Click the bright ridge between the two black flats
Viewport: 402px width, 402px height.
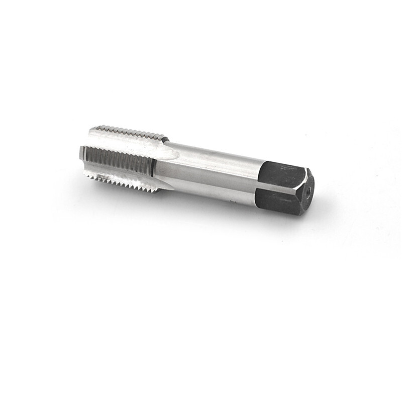281,186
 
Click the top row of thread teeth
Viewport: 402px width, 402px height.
131,132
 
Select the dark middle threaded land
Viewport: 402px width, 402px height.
118,160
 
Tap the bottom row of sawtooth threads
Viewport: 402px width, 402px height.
126,181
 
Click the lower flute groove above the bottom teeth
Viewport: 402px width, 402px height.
126,173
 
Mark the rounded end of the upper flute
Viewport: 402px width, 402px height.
171,151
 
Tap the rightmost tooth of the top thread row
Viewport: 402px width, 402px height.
164,137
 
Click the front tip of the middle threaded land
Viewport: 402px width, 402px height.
82,153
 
